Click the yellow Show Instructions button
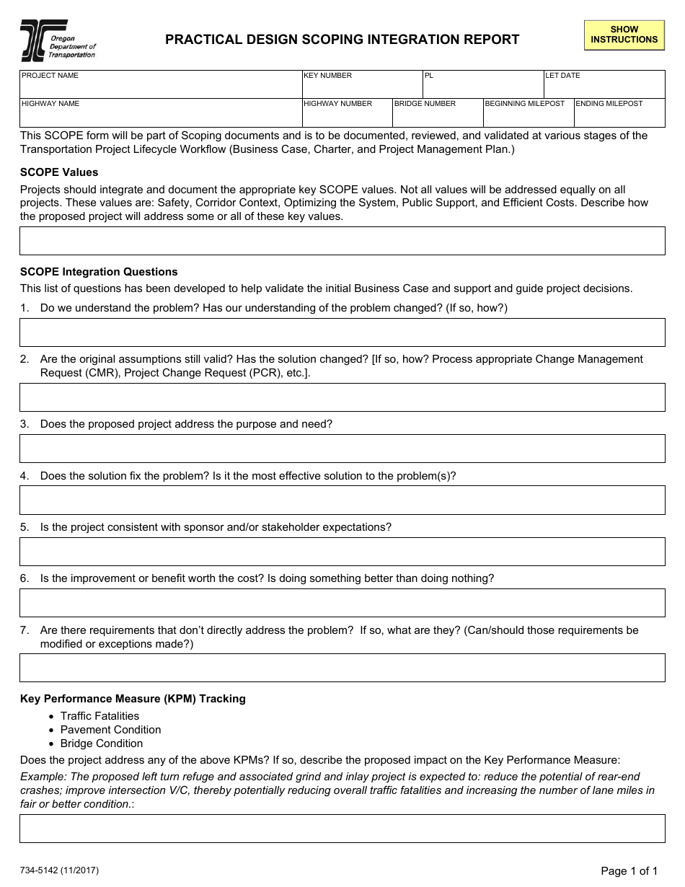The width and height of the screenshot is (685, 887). [624, 35]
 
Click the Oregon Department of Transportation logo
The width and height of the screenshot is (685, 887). [58, 40]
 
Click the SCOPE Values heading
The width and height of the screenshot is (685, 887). [59, 172]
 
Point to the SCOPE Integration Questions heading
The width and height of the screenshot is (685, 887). [99, 272]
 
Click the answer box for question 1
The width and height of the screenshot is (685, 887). [342, 332]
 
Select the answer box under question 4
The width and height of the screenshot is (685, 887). [342, 500]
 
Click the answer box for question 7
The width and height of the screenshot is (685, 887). [342, 668]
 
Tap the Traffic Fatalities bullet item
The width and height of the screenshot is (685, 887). [100, 716]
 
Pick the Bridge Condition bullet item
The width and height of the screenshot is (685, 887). [102, 743]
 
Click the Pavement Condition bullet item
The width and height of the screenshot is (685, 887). [110, 730]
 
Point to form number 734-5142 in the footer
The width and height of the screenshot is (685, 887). [59, 870]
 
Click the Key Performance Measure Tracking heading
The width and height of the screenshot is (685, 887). [133, 699]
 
